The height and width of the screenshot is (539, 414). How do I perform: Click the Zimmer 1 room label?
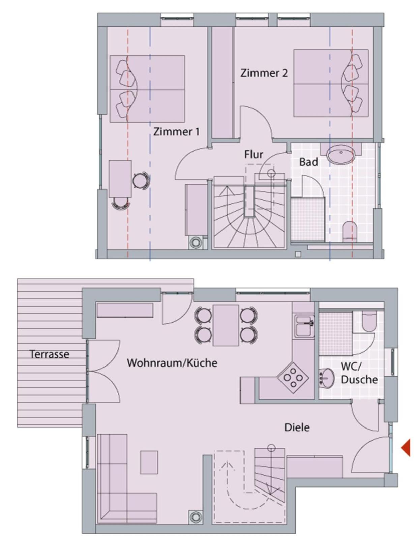[176, 132]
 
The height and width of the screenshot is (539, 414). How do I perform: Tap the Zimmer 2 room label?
[264, 73]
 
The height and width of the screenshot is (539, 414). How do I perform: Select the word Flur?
[254, 155]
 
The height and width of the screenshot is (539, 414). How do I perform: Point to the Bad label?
[308, 162]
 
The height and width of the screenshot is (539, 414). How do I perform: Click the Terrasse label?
[50, 354]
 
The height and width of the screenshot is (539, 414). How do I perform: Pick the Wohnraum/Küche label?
[172, 362]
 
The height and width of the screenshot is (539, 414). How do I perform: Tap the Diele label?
[297, 427]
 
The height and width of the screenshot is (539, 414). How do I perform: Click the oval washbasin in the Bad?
[341, 154]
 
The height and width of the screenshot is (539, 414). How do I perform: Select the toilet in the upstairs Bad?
[350, 232]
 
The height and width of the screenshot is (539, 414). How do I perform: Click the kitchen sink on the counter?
[304, 326]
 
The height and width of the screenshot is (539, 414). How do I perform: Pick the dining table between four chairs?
[226, 325]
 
